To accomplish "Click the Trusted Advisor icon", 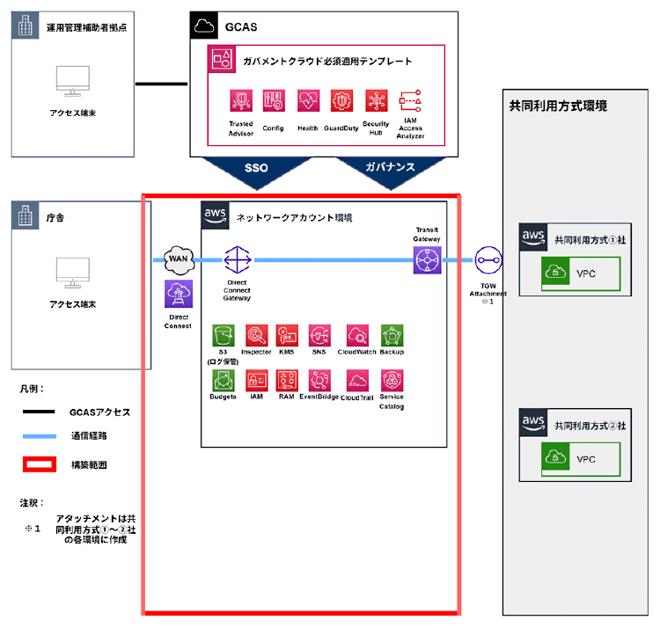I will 241,101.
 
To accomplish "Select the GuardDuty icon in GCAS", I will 341,101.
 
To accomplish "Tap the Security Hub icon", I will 377,101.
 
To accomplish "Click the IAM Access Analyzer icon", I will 410,101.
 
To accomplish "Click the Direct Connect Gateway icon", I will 237,260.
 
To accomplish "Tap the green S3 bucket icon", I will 224,335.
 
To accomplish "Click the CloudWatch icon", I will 357,335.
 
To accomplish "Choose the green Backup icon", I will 392,335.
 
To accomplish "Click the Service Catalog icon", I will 392,380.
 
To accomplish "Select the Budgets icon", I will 224,380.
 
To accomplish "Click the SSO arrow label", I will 255,167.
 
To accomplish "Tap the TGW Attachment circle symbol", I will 488,260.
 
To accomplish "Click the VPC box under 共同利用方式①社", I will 581,274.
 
